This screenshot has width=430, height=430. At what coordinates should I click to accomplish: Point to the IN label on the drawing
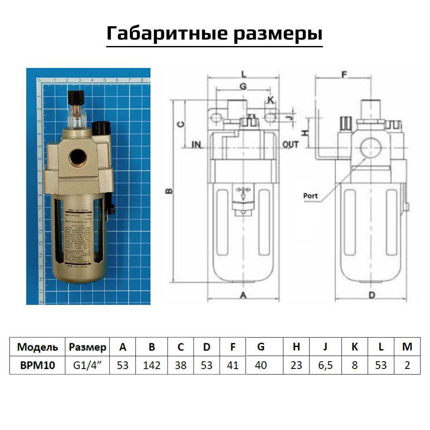[x=196, y=144]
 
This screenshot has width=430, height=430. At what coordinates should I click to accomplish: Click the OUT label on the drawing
[x=290, y=144]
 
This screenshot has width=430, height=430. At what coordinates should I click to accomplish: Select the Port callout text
[x=310, y=196]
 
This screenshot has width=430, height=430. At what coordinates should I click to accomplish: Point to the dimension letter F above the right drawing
[x=344, y=74]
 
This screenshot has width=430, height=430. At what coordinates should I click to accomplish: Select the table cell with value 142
[x=151, y=365]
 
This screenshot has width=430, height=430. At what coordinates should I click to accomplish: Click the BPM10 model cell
[x=37, y=365]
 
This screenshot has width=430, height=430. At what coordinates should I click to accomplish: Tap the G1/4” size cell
[x=87, y=365]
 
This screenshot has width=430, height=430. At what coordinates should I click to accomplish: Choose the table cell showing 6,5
[x=325, y=365]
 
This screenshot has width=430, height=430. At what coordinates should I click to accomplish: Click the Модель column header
[x=37, y=347]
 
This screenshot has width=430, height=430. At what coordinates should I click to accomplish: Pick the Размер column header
[x=87, y=347]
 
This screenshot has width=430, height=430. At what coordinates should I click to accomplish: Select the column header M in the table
[x=407, y=347]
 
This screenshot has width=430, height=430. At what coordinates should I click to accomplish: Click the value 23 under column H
[x=296, y=365]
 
